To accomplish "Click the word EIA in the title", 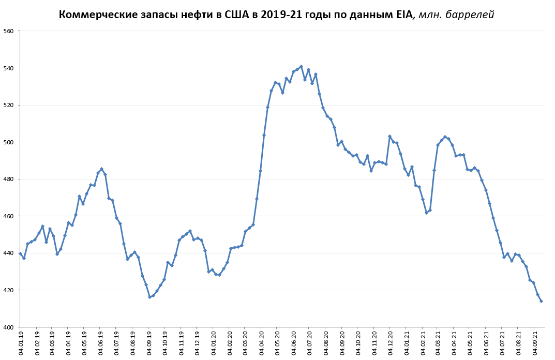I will click(x=401, y=14).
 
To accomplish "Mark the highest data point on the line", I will click(x=301, y=66).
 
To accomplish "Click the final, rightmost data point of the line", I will click(x=541, y=301).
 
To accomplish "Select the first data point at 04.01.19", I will click(x=20, y=253).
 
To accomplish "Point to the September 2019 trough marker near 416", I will click(x=149, y=297).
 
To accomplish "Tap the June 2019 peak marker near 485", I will click(x=101, y=169).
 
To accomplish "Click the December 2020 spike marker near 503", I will click(x=389, y=137).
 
